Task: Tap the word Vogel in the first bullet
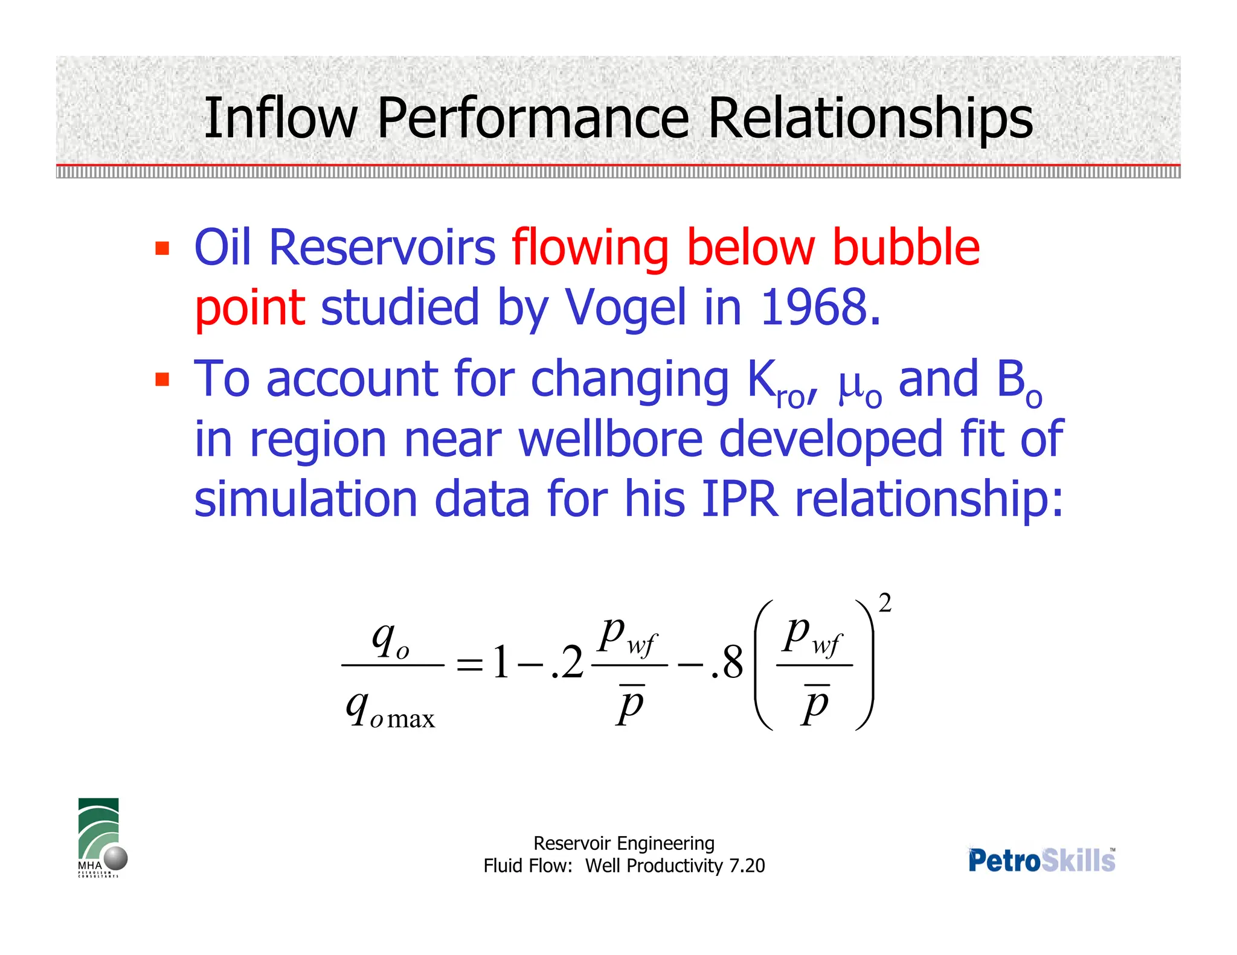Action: (625, 308)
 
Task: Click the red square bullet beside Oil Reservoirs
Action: (162, 248)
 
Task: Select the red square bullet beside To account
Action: (162, 379)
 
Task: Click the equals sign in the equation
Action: (470, 665)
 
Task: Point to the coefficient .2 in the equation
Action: (567, 663)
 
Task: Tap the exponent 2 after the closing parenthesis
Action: (885, 603)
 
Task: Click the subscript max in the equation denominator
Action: (411, 719)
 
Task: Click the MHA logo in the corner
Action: (100, 837)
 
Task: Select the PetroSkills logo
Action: (1042, 860)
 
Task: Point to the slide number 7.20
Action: (747, 866)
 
